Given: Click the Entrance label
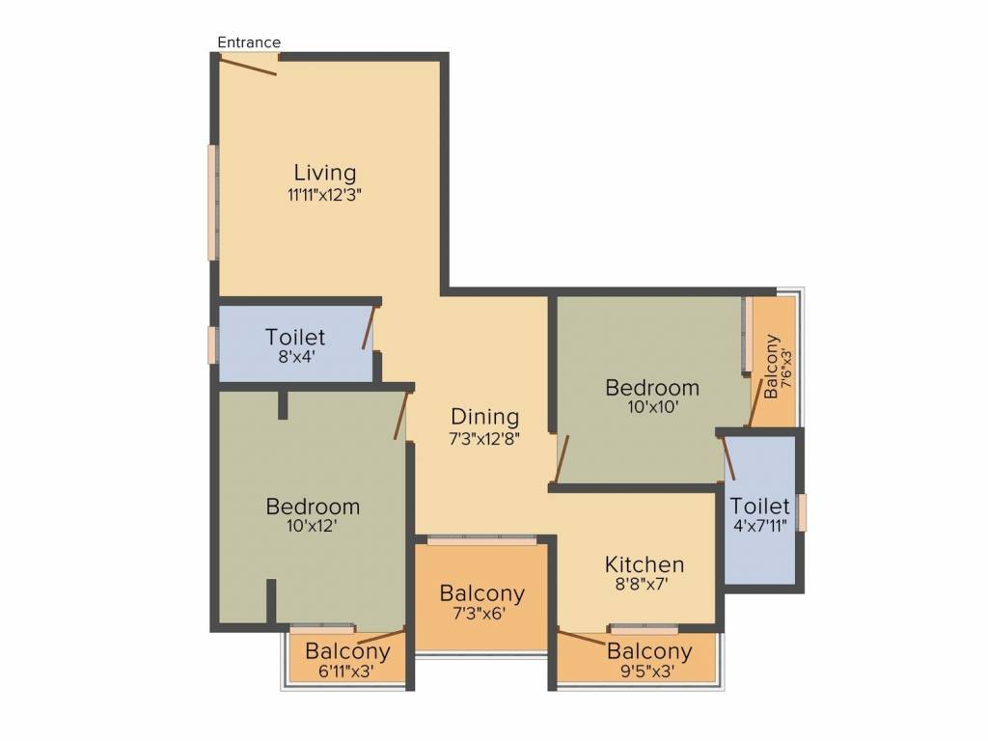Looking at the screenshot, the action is point(249,42).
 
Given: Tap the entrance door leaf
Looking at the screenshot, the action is point(248,66).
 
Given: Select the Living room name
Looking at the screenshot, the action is point(324,172).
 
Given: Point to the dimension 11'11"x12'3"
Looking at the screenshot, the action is point(324,195).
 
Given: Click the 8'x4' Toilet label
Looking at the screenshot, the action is point(295,344).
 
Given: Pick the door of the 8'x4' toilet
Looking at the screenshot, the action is point(370,328).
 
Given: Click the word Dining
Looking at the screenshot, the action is point(484,417).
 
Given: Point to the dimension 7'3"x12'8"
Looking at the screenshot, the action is point(484,439).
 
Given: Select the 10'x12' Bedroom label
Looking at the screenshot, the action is point(313,513).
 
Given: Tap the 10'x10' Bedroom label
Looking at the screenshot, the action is point(652,395).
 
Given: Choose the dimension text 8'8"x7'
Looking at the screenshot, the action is point(642,584).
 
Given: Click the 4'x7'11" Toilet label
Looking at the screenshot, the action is point(759,514).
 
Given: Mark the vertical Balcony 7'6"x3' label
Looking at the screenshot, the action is point(778,367).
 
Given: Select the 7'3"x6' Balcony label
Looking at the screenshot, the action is point(482,601).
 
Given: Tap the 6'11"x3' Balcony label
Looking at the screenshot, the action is point(347,659).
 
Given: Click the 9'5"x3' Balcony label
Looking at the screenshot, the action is point(649,659).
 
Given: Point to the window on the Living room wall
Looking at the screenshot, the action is point(213,203).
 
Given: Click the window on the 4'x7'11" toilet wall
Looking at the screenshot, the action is point(802,512).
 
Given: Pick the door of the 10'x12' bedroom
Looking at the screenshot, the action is point(400,416).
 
